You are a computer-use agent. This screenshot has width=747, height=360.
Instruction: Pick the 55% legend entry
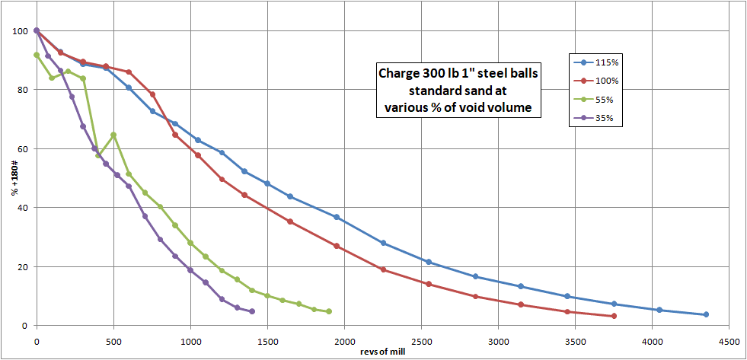click(x=600, y=99)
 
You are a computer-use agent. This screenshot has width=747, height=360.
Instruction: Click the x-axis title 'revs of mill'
click(x=381, y=352)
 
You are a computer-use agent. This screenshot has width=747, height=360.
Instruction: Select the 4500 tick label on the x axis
click(x=729, y=340)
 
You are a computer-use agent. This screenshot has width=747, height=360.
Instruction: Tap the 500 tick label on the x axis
click(x=113, y=340)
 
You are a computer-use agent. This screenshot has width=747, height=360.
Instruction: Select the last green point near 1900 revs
click(x=329, y=311)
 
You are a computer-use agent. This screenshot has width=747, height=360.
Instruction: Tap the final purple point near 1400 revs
click(x=252, y=311)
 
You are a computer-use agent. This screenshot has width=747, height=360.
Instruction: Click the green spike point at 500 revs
click(x=113, y=135)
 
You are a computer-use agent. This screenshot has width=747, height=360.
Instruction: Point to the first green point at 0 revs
click(x=37, y=55)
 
